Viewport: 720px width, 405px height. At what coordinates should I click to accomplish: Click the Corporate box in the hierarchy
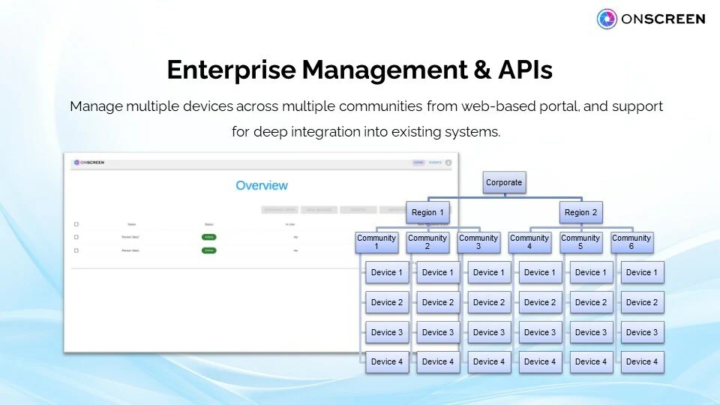(503, 182)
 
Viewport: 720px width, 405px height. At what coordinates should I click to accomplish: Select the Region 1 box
(428, 212)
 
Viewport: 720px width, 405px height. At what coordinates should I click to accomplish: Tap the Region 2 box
(581, 212)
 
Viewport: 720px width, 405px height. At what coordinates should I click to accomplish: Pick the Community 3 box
(478, 242)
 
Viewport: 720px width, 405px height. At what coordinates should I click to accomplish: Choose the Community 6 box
(631, 242)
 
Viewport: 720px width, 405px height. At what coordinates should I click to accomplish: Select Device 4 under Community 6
(641, 361)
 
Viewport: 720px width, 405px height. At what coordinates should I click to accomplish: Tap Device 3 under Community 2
(438, 332)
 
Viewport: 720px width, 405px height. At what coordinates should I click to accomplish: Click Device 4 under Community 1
(387, 361)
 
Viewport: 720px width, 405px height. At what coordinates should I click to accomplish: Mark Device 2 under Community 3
(489, 302)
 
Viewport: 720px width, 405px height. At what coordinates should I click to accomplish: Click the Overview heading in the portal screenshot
(262, 185)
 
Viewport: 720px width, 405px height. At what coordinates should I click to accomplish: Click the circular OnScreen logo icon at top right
(607, 19)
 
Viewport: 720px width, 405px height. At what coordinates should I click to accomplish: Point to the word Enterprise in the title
(230, 70)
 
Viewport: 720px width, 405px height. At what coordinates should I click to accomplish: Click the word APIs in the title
(525, 70)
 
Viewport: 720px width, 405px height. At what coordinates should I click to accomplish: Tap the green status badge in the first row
(208, 237)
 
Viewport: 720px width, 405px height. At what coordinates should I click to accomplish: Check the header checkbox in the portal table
(76, 224)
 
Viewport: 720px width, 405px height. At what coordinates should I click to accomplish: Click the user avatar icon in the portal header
(448, 162)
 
